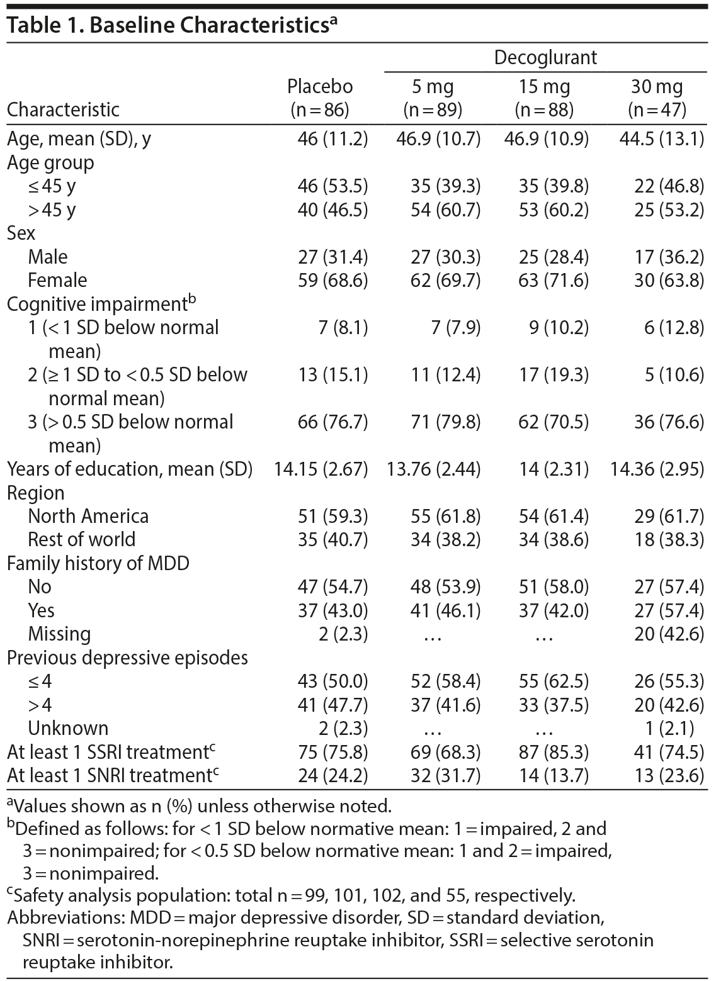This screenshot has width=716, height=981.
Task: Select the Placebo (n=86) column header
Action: point(320,98)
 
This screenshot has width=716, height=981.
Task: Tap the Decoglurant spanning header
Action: point(545,58)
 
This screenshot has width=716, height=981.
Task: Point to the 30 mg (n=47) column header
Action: point(657,98)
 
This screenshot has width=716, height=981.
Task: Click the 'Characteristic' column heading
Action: point(63,109)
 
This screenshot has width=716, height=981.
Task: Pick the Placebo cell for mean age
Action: point(332,138)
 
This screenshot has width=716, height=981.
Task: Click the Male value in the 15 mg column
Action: point(547,257)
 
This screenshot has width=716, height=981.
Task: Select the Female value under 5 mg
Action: point(445,280)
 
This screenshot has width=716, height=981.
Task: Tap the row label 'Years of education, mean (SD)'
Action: point(130,469)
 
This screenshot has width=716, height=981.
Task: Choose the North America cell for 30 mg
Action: point(669,517)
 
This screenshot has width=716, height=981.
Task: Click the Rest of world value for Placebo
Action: point(332,540)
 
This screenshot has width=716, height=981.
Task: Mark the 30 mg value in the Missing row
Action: point(669,634)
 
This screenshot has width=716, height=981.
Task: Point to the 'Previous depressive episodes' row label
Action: point(127,658)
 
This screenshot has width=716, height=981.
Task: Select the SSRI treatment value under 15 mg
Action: point(547,752)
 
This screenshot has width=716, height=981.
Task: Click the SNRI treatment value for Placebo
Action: point(332,775)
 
